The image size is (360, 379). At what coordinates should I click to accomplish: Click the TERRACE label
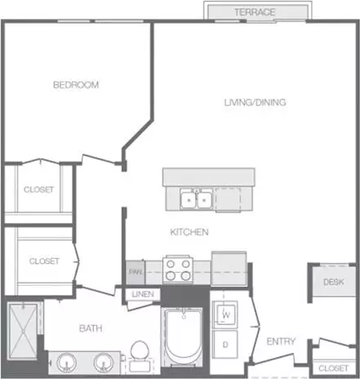[x=255, y=12]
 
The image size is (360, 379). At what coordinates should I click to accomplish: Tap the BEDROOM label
[x=76, y=85]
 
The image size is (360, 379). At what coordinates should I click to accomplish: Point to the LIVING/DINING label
[x=255, y=102]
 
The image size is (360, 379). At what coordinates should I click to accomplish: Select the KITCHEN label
[x=189, y=232]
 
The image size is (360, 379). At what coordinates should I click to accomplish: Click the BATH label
[x=91, y=328]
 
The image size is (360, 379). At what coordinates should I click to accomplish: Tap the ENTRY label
[x=281, y=341]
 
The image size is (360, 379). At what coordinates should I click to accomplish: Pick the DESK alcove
[x=334, y=282]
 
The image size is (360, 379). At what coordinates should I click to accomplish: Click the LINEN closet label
[x=143, y=294]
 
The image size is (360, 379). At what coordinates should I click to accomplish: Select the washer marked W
[x=225, y=314]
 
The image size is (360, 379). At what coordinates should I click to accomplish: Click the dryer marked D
[x=225, y=344]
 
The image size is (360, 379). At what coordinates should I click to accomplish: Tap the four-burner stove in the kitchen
[x=178, y=270]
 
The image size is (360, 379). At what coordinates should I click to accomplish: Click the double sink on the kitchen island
[x=197, y=199]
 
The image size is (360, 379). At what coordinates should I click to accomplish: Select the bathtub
[x=184, y=337]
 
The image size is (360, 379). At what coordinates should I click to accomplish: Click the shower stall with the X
[x=23, y=331]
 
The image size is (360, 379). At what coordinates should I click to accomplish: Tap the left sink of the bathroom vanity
[x=66, y=363]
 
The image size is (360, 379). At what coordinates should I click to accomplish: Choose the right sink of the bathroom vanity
[x=104, y=363]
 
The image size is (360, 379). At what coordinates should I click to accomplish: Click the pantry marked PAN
[x=136, y=272]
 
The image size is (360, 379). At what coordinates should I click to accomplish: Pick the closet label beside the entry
[x=333, y=368]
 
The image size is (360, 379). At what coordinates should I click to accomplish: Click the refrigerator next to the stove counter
[x=229, y=269]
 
